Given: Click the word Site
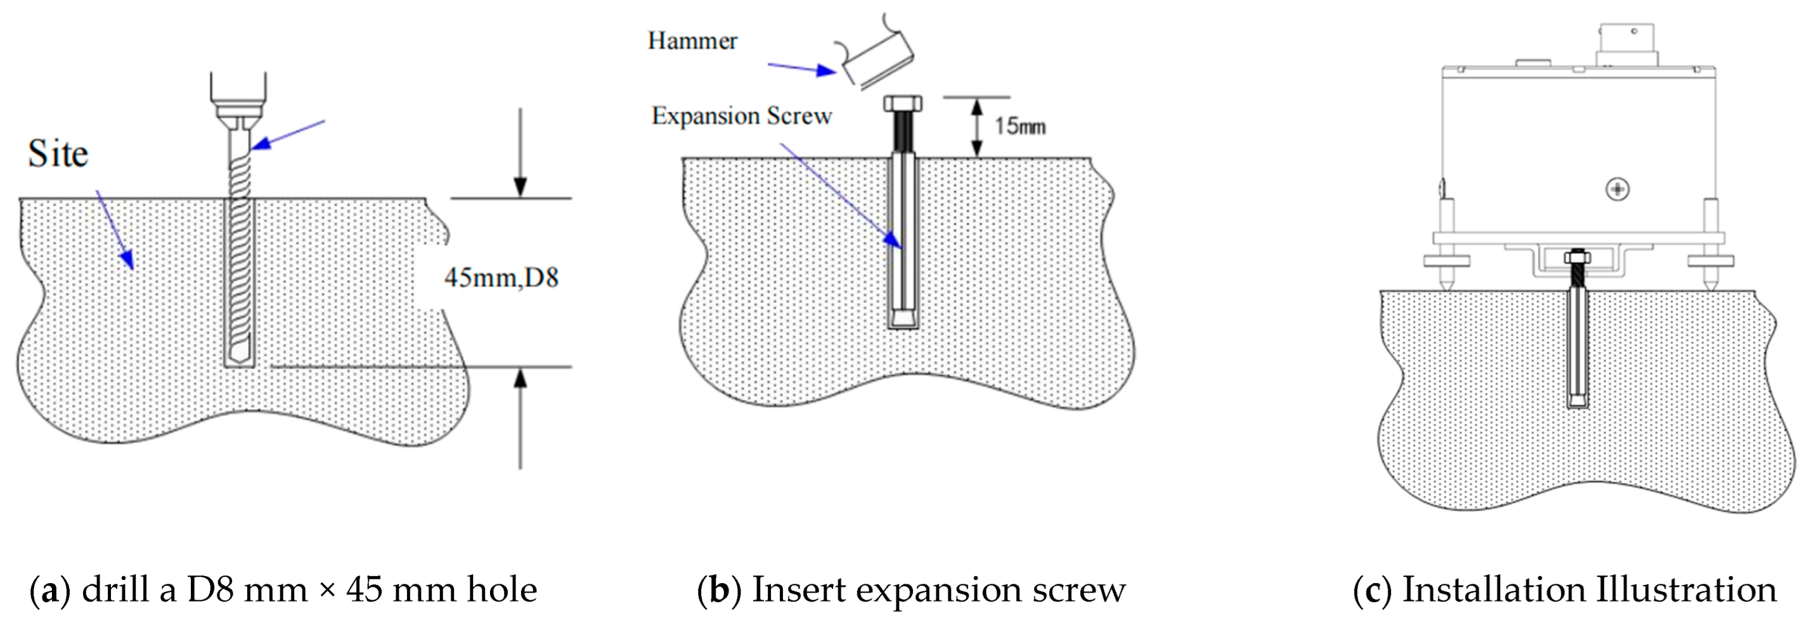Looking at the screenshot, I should (58, 154).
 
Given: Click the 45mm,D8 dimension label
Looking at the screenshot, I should (501, 278).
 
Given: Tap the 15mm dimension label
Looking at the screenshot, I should (1019, 126).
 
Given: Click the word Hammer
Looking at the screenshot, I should (692, 41).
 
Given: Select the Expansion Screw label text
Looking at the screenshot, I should (741, 116).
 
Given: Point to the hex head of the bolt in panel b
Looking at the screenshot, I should (903, 104).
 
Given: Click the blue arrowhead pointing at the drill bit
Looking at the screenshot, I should (259, 144).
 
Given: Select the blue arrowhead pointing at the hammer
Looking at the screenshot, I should (826, 70).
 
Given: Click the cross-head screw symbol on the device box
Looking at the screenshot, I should (1617, 189).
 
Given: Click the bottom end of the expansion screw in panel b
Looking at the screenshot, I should (903, 320).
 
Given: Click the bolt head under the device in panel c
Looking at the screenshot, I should (1577, 257).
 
